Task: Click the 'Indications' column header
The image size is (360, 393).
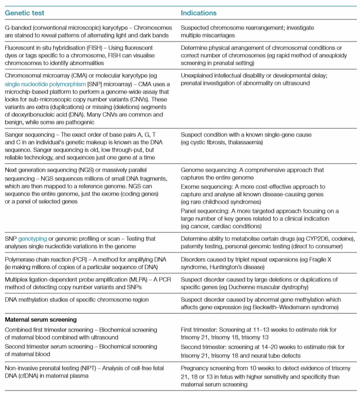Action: coord(198,13)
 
